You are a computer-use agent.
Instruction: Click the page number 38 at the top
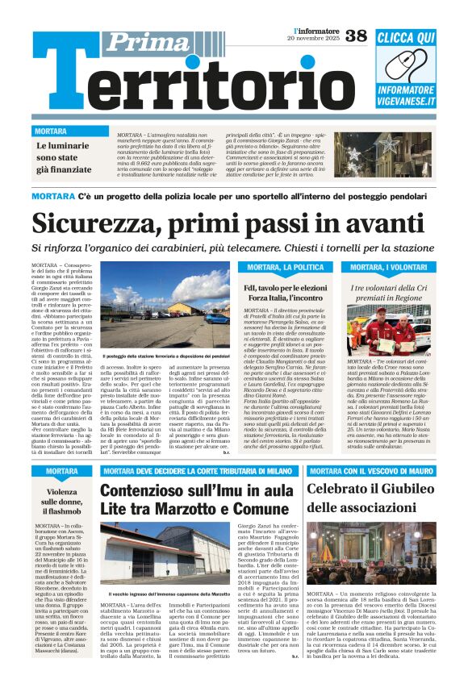356,35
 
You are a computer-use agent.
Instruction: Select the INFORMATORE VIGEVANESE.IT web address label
407,95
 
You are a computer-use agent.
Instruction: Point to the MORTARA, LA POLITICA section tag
286,267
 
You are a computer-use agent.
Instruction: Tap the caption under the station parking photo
166,356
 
